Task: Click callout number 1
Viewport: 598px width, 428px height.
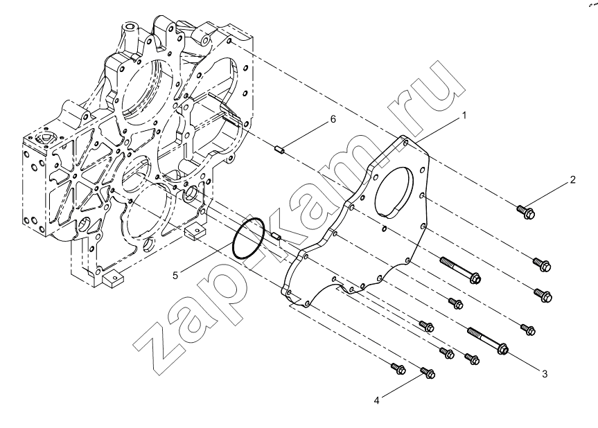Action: pyautogui.click(x=464, y=115)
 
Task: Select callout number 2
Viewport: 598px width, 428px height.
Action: pyautogui.click(x=573, y=179)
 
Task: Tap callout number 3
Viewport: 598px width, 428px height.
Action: pyautogui.click(x=545, y=374)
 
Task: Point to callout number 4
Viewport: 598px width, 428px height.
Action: pyautogui.click(x=376, y=400)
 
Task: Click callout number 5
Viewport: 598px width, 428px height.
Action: pyautogui.click(x=175, y=275)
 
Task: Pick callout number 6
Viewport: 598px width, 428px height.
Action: pyautogui.click(x=333, y=119)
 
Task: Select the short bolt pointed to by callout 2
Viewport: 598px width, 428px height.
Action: pyautogui.click(x=525, y=212)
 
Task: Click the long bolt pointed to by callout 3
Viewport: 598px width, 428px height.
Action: pyautogui.click(x=488, y=341)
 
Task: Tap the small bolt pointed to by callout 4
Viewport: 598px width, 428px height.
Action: pyautogui.click(x=428, y=373)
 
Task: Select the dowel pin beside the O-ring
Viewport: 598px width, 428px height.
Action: pyautogui.click(x=276, y=236)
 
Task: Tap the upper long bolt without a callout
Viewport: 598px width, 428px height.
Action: pyautogui.click(x=460, y=270)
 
